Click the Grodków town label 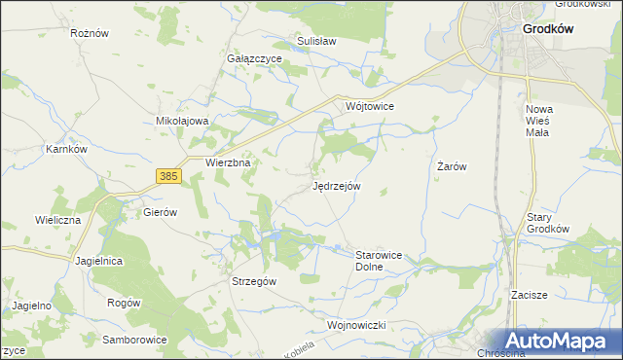[x=548, y=29]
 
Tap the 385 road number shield [x=168, y=175]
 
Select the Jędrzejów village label [x=337, y=185]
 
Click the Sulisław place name [x=316, y=42]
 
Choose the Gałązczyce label [x=254, y=58]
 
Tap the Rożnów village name [x=88, y=32]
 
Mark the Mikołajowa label [x=183, y=121]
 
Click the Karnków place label [x=67, y=150]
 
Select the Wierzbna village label [x=229, y=163]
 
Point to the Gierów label [x=159, y=211]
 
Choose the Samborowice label [x=135, y=340]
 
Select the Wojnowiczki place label [x=358, y=324]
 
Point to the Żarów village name [x=452, y=166]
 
